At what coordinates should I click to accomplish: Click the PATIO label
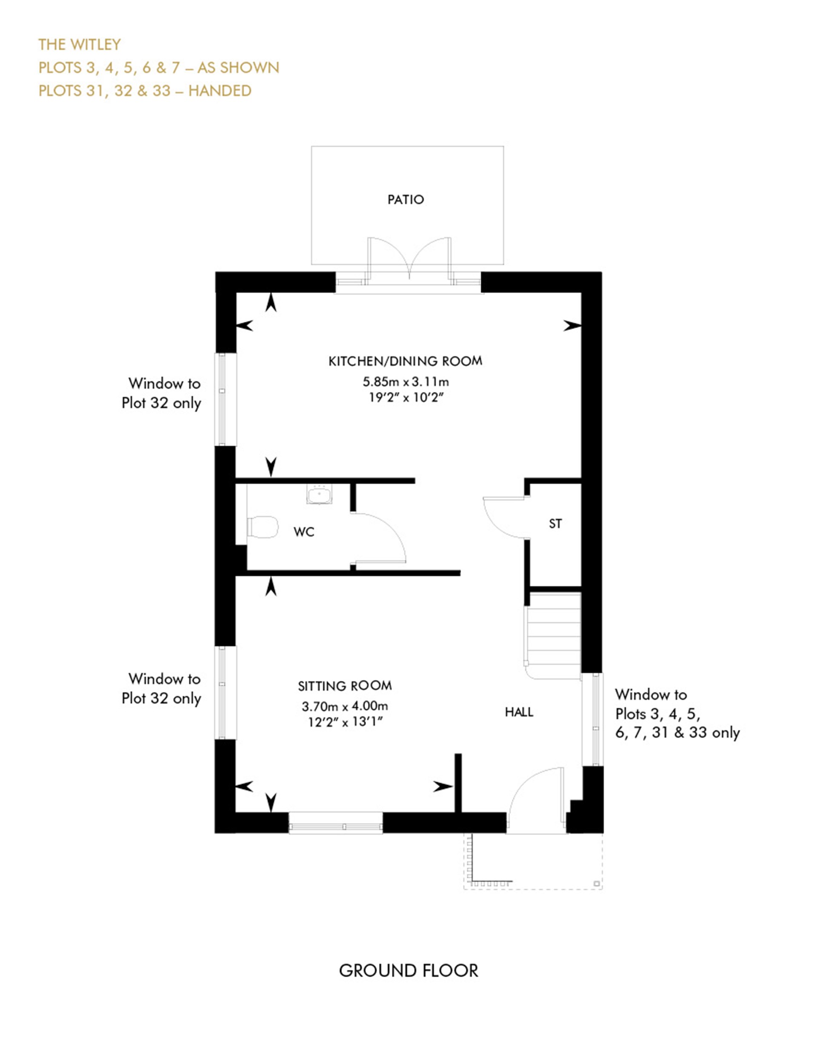tap(406, 200)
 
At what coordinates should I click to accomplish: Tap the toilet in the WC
tap(262, 527)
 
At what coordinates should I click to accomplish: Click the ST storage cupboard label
tap(555, 523)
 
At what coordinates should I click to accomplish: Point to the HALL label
tap(519, 712)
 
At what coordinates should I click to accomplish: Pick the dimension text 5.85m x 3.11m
tap(406, 382)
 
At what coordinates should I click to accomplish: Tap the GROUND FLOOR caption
tap(408, 970)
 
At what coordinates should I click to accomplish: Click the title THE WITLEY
tap(80, 45)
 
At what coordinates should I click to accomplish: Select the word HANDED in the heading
tap(220, 91)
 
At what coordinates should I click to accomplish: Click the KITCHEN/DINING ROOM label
tap(406, 361)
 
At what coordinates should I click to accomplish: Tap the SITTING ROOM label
tap(344, 686)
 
